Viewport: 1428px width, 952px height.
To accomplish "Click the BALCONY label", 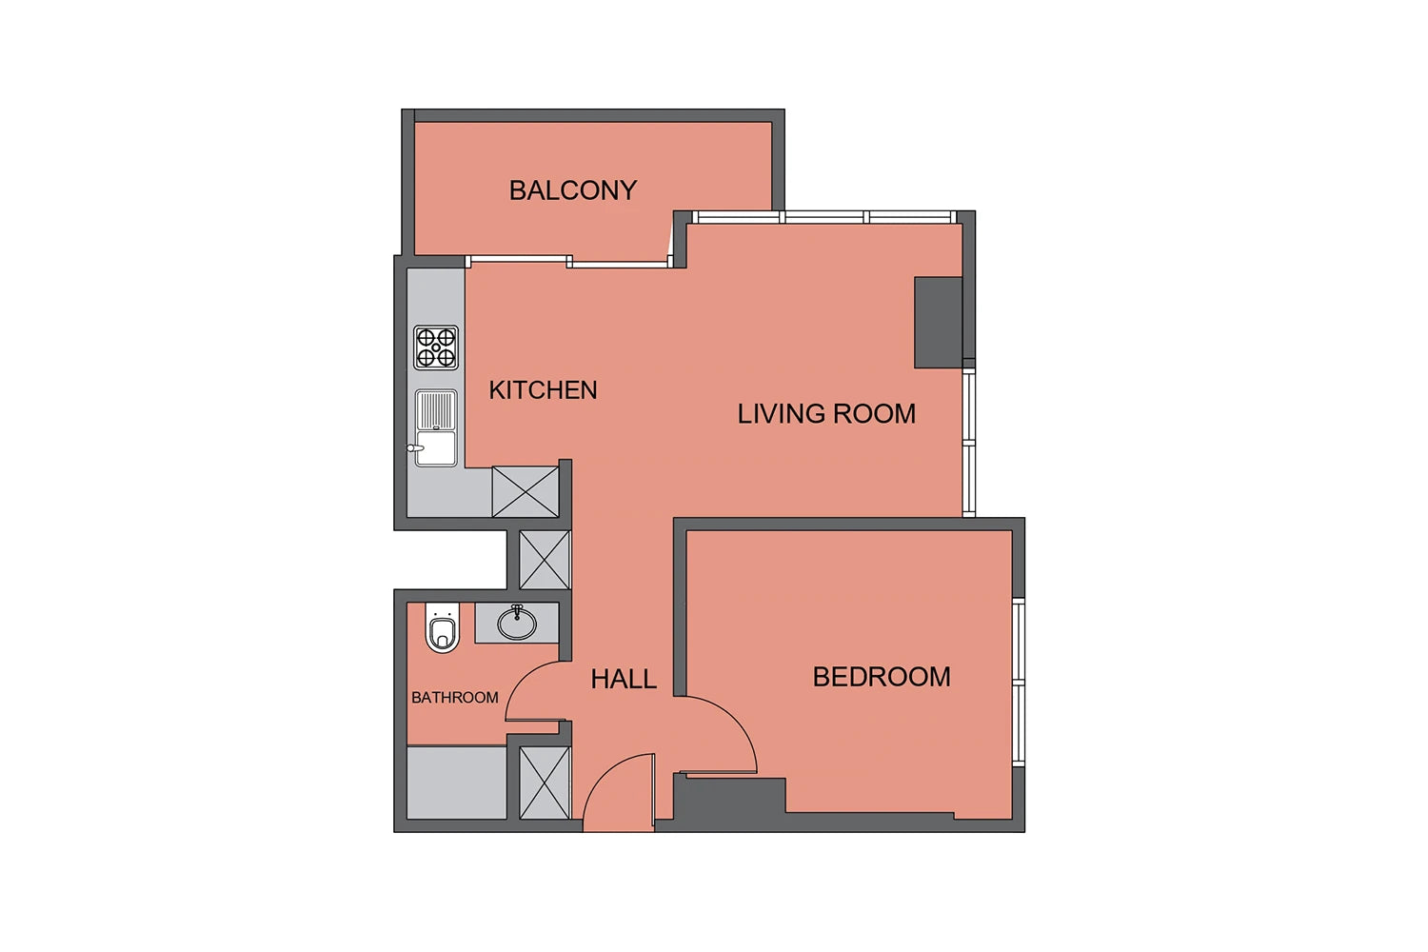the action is (572, 190).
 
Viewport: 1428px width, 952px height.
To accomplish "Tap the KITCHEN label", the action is (543, 389).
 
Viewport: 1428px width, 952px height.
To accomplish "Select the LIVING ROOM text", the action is (826, 414).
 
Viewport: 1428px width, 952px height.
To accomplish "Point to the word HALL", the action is (624, 679).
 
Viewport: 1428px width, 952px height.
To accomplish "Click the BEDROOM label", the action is (882, 677).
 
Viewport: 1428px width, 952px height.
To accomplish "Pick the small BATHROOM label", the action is (454, 698).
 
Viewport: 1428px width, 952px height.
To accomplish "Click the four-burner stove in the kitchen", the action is (436, 347).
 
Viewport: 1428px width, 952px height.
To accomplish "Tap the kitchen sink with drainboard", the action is (436, 427).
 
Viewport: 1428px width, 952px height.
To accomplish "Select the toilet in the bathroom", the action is (443, 627).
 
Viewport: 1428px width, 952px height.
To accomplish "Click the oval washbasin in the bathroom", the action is (517, 623).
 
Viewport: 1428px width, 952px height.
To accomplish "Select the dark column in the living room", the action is (938, 322).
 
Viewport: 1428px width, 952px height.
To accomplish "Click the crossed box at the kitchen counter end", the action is (526, 491).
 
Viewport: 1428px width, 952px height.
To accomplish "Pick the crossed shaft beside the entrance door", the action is (545, 783).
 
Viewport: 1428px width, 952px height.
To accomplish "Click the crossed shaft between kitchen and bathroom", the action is (545, 559).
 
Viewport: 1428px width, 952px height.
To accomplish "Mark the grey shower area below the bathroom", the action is (456, 783).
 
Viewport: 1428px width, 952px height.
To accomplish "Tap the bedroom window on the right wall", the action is (1019, 683).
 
